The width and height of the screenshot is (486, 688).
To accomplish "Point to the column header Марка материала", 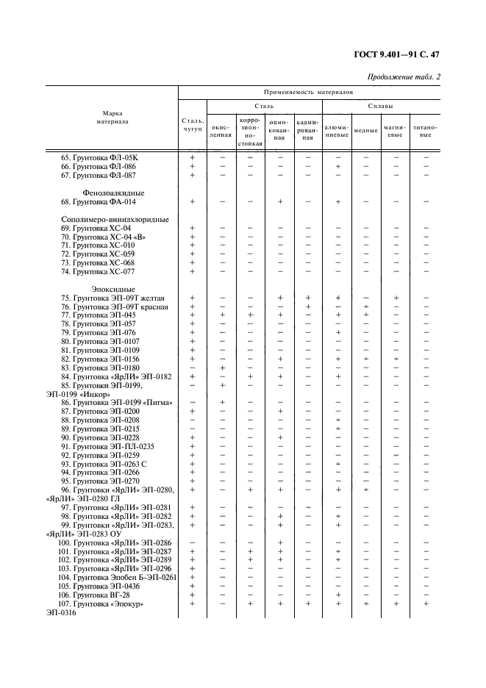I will pos(112,118).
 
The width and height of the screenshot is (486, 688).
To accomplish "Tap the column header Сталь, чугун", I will pos(193,125).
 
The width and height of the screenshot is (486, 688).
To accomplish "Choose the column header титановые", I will pos(424,131).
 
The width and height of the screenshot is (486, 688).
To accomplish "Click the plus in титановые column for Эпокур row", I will pos(426,603).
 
